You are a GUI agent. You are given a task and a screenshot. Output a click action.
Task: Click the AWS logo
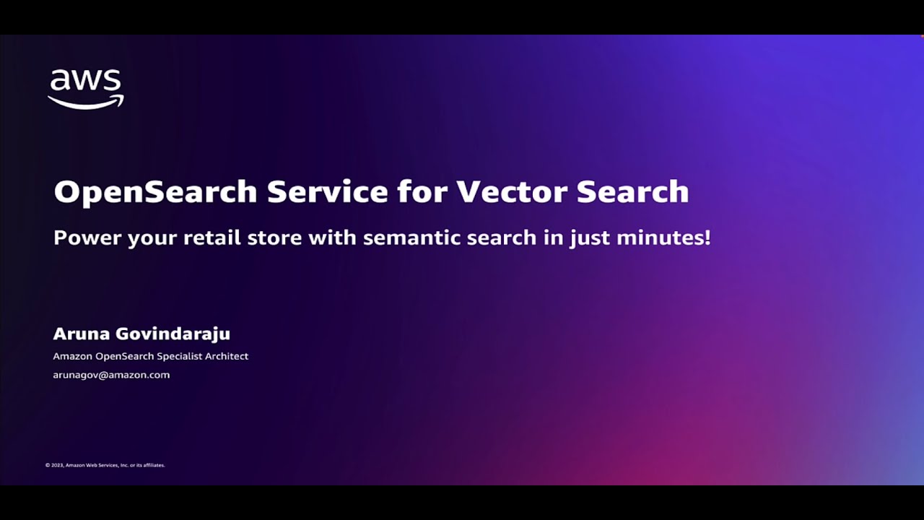click(x=86, y=88)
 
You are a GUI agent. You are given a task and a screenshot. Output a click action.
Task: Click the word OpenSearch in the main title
click(x=155, y=191)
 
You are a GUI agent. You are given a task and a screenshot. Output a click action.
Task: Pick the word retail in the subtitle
click(x=212, y=238)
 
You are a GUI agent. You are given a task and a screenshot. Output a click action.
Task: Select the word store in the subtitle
click(x=274, y=238)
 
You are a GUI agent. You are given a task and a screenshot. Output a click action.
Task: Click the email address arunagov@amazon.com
click(x=111, y=375)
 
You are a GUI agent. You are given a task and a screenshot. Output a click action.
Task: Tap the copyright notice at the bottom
click(x=105, y=465)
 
